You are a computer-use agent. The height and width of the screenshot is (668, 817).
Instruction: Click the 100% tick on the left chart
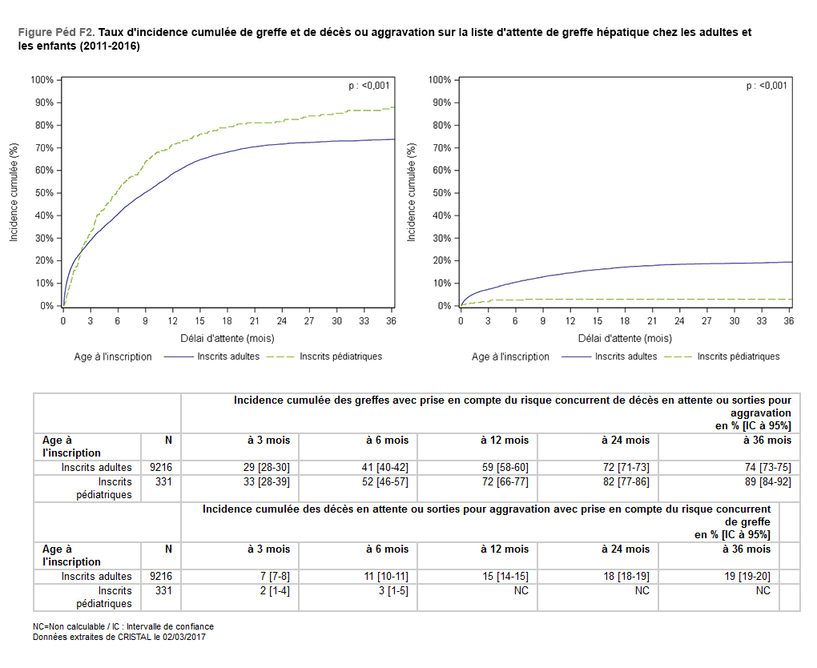tap(42, 80)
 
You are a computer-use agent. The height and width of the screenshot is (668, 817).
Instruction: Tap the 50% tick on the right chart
tap(441, 193)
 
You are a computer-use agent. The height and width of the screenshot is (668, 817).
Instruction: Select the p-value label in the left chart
tap(368, 86)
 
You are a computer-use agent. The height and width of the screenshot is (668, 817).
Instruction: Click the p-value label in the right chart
tap(767, 86)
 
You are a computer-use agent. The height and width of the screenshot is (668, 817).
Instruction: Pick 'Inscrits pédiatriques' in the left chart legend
tap(340, 356)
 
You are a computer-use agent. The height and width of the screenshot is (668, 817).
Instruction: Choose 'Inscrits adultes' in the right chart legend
tap(626, 356)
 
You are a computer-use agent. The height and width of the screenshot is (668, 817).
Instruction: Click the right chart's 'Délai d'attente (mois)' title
tap(625, 339)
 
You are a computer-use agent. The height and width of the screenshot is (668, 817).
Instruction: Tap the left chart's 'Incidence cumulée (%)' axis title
tap(14, 192)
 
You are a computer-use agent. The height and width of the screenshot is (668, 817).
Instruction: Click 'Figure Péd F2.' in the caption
tap(56, 33)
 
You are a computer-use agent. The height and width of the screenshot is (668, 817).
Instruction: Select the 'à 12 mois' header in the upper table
tap(505, 441)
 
